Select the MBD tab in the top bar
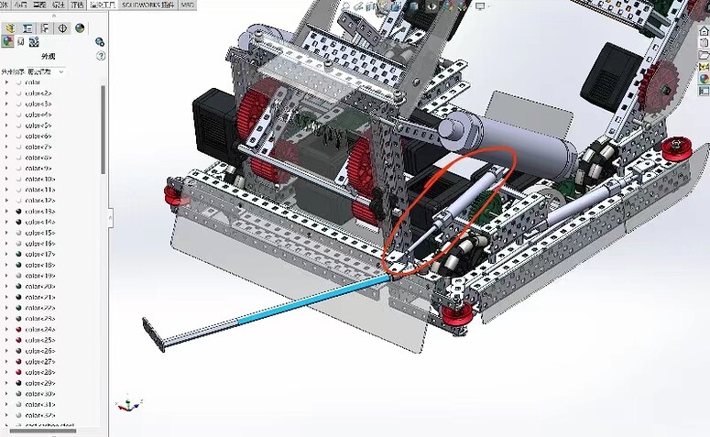tap(187, 5)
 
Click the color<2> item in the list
tap(38, 93)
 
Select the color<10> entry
tap(40, 179)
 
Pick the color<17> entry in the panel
tap(40, 254)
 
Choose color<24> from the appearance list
tap(40, 329)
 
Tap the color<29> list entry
tap(40, 383)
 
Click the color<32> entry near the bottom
tap(40, 415)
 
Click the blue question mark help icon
tap(100, 56)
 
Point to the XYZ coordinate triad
tap(128, 403)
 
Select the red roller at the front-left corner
tap(171, 194)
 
